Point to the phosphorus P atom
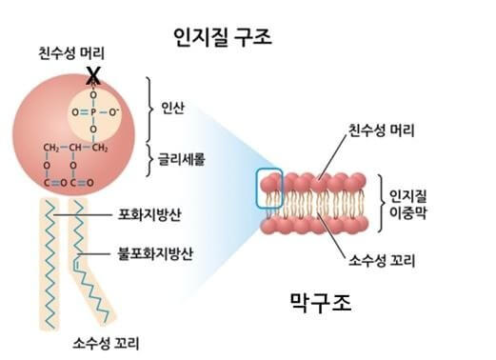[x=92, y=112]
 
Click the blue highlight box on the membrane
[x=270, y=187]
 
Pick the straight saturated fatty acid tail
[x=54, y=257]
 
